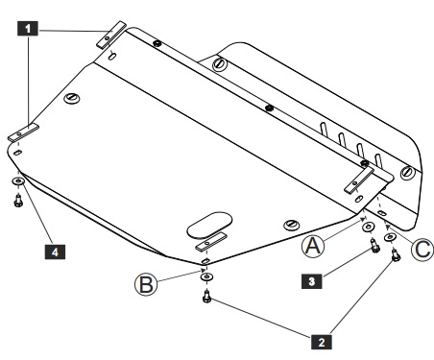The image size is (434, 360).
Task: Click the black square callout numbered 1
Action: pyautogui.click(x=28, y=29)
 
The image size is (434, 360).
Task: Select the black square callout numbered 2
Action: pyautogui.click(x=322, y=342)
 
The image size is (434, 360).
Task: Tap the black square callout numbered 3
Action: pyautogui.click(x=312, y=281)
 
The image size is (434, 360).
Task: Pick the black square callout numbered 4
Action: pyautogui.click(x=55, y=252)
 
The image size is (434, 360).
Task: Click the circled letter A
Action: pyautogui.click(x=313, y=246)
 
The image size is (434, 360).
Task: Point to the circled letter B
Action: pyautogui.click(x=146, y=284)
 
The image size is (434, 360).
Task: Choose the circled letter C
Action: pyautogui.click(x=422, y=250)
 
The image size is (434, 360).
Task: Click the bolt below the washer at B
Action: pyautogui.click(x=206, y=296)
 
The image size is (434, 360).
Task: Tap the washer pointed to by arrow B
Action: pyautogui.click(x=207, y=276)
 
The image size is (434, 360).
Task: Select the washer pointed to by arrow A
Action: pyautogui.click(x=369, y=227)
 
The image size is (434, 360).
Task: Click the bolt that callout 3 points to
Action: pyautogui.click(x=374, y=245)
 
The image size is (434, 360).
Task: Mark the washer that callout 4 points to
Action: pyautogui.click(x=18, y=181)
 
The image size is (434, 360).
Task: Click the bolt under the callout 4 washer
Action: pyautogui.click(x=18, y=201)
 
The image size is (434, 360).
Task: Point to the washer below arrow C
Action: pyautogui.click(x=390, y=237)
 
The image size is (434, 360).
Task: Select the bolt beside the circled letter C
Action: pyautogui.click(x=396, y=255)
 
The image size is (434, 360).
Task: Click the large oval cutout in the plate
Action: pyautogui.click(x=209, y=225)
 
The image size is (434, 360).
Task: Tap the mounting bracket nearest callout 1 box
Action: pyautogui.click(x=111, y=35)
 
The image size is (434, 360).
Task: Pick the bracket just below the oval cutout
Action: pyautogui.click(x=211, y=242)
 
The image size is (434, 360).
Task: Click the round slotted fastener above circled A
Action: pyautogui.click(x=291, y=225)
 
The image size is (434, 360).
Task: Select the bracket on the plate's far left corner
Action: pyautogui.click(x=23, y=132)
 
